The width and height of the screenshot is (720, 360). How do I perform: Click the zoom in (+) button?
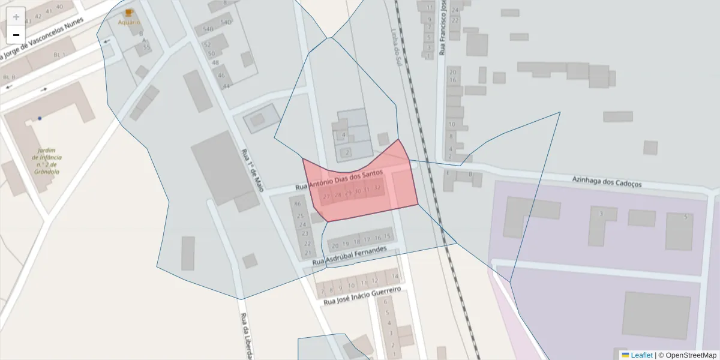16,16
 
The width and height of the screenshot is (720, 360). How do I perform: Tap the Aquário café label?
128,22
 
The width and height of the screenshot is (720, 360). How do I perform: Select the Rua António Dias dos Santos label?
339,181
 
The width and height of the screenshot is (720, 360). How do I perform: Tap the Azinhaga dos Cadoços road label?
607,181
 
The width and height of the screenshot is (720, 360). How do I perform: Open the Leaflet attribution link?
641,355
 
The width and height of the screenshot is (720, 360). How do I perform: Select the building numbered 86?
297,203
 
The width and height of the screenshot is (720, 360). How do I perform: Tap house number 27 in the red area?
326,196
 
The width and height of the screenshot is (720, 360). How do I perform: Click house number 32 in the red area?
377,188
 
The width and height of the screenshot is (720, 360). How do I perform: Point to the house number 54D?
226,22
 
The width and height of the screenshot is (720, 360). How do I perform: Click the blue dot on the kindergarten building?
40,118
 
